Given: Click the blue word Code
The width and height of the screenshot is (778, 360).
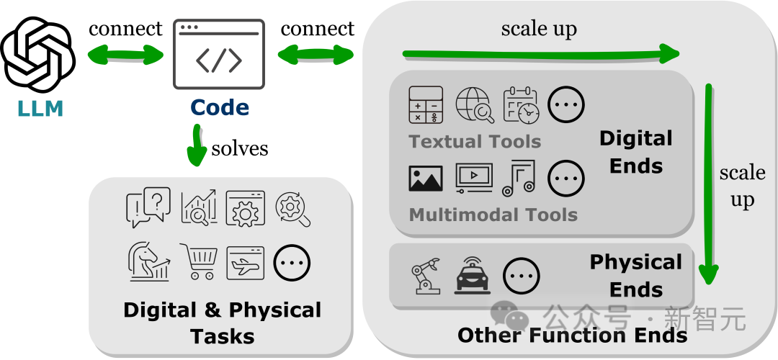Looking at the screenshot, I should [220, 108].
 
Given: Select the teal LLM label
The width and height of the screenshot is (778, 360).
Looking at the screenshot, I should [41, 109].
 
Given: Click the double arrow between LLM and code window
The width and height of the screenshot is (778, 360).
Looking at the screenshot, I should [125, 54].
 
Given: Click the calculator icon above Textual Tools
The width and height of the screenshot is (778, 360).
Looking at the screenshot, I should [426, 105].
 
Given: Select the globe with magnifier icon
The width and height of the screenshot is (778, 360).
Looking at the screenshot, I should [475, 105].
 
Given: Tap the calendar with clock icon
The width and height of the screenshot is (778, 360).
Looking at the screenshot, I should [520, 105].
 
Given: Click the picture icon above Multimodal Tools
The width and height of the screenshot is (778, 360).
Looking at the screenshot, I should [426, 178].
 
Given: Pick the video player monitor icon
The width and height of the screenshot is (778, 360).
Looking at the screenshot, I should [474, 178].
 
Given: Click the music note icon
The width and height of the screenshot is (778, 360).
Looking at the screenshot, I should [519, 178].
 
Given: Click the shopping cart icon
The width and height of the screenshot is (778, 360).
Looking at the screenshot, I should [198, 262].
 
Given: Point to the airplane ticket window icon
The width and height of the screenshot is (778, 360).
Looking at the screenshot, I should [245, 262].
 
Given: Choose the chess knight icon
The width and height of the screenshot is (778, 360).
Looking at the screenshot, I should [149, 261].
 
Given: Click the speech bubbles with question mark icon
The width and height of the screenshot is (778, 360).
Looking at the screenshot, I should [148, 207].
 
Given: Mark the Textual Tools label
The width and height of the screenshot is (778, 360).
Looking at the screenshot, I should [475, 141].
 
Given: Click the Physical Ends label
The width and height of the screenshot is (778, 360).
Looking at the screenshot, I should [635, 276].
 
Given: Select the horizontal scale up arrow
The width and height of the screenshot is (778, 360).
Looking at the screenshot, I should [540, 53].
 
